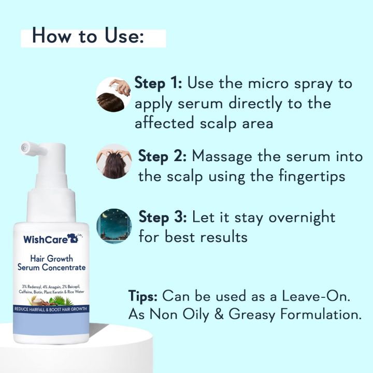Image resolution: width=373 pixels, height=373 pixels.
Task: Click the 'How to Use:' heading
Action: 88,37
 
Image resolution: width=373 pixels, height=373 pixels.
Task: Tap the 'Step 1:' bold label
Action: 158,83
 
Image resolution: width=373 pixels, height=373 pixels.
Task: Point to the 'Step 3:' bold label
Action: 162,217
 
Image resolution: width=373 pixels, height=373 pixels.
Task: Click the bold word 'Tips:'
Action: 144,296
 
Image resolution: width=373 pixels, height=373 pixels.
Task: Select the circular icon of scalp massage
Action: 114,161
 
